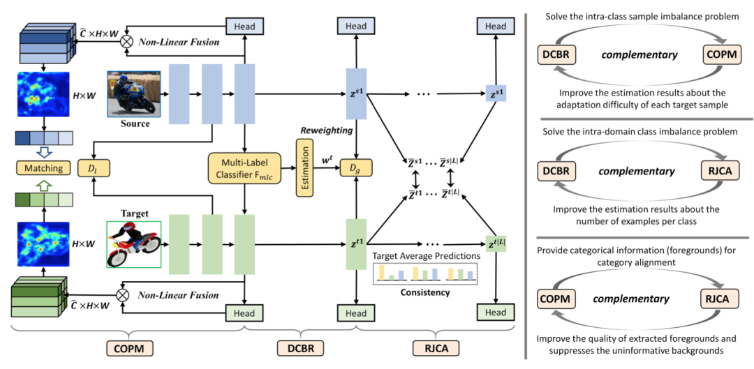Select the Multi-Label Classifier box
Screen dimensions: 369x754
pos(244,168)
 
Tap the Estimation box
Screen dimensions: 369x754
pos(304,168)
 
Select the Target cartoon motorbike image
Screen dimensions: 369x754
pos(134,243)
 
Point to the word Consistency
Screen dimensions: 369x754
pos(425,292)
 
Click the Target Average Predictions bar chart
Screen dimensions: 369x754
pos(425,273)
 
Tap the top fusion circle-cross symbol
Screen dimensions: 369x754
pos(126,41)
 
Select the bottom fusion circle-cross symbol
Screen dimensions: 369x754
pos(124,294)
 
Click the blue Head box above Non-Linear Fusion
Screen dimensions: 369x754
pos(244,27)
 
